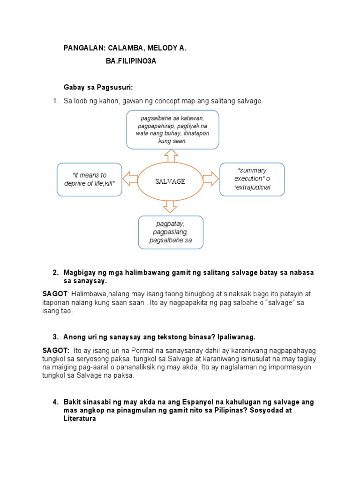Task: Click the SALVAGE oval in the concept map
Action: pos(170,180)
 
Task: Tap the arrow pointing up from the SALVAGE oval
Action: pos(171,155)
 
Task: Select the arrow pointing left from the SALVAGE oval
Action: pos(130,179)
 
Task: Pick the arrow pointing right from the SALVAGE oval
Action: pos(211,179)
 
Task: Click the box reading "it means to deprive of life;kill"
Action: pos(89,180)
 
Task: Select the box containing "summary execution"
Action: pos(252,180)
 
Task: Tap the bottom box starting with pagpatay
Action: pos(171,232)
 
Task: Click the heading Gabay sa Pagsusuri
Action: pos(98,87)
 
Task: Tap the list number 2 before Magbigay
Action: pos(55,273)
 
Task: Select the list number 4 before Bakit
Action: pos(55,402)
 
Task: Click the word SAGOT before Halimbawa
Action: pos(55,294)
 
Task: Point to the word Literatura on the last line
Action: pos(80,419)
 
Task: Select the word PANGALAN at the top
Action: pos(82,48)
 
